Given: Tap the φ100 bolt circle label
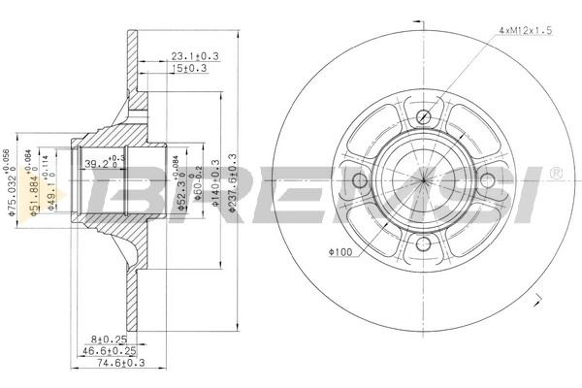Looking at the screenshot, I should point(341,253).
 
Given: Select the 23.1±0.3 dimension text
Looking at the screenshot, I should point(194,57).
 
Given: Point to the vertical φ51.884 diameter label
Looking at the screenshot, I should point(35,184).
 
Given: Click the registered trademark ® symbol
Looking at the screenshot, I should point(556,173).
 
